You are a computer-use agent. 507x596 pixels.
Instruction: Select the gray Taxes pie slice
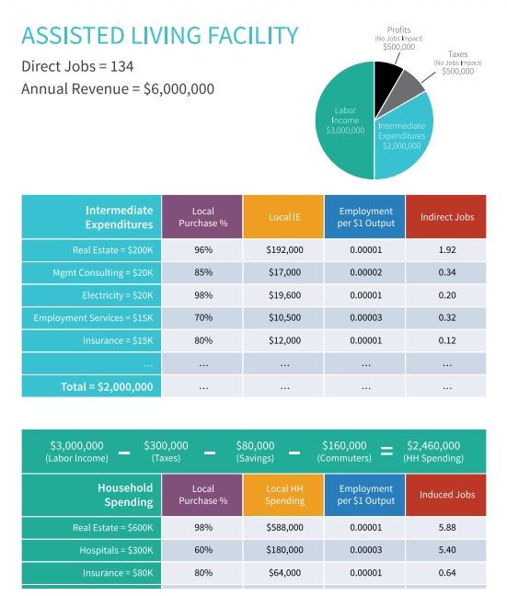click(x=405, y=91)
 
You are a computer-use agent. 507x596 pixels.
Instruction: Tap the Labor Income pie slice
click(x=344, y=120)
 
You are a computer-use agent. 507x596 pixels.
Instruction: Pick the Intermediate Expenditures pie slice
click(x=404, y=137)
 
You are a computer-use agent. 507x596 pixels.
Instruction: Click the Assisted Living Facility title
click(x=160, y=36)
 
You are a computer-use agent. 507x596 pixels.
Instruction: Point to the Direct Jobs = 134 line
click(x=77, y=66)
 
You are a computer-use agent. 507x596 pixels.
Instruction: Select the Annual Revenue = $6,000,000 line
click(x=118, y=89)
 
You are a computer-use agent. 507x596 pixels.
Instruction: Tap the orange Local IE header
click(x=283, y=217)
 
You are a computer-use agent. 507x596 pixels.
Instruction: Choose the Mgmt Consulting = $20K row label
click(x=103, y=272)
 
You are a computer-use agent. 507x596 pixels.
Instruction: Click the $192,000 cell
click(x=284, y=250)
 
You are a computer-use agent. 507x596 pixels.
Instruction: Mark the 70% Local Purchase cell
click(x=203, y=317)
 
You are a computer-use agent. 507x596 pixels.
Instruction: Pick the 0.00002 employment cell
click(x=366, y=272)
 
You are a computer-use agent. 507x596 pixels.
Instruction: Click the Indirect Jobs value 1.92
click(x=447, y=250)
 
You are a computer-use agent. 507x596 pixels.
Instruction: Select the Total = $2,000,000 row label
click(x=107, y=386)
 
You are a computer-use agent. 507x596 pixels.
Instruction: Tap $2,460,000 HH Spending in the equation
click(x=433, y=452)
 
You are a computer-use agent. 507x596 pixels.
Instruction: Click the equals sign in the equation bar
click(x=386, y=452)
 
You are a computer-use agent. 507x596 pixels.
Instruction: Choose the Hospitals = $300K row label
click(x=116, y=550)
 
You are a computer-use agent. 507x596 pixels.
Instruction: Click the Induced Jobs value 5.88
click(x=447, y=527)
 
